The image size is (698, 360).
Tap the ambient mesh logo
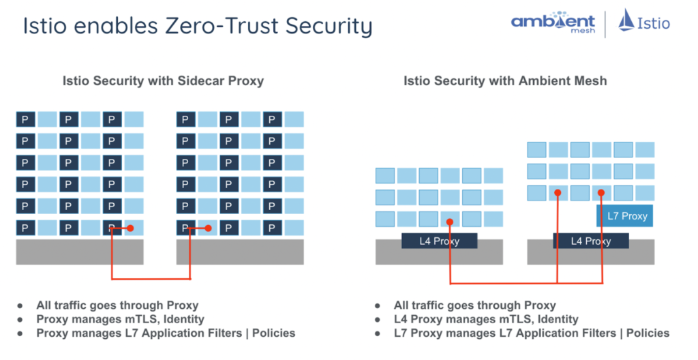click(552, 22)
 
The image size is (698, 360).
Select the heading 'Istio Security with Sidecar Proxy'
click(163, 80)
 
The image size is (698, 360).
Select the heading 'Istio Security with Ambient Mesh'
click(505, 80)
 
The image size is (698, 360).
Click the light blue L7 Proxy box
click(626, 216)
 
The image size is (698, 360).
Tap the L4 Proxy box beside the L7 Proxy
click(590, 241)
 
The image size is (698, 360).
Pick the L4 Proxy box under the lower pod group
click(439, 241)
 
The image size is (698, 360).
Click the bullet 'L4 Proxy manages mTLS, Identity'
click(485, 319)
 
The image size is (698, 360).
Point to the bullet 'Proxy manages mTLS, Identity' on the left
click(120, 319)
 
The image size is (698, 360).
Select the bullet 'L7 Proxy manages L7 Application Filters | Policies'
click(531, 333)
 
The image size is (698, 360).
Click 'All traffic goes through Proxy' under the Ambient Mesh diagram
click(474, 305)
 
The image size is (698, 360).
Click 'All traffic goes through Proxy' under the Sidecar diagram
click(117, 305)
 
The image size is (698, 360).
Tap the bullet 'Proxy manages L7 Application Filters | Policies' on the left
click(166, 333)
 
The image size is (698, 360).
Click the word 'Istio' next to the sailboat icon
click(654, 24)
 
